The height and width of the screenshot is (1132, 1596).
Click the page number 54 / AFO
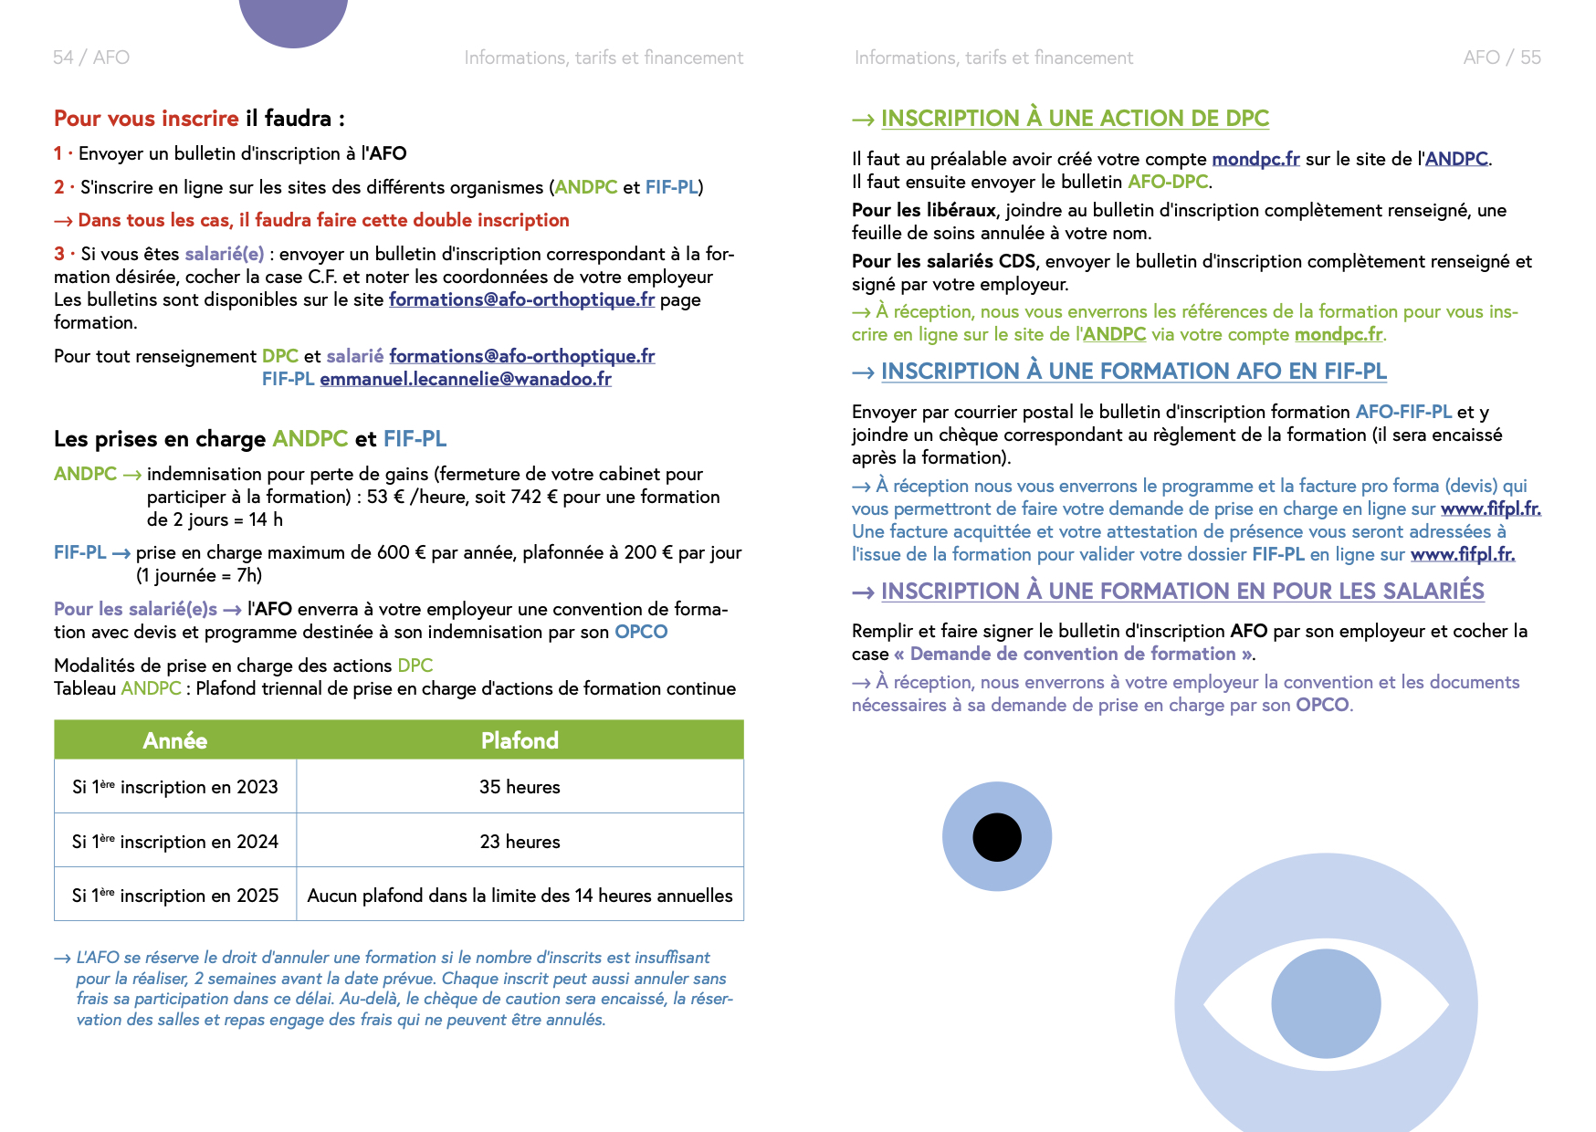pyautogui.click(x=91, y=58)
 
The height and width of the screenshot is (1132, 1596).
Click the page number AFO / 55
pyautogui.click(x=1501, y=58)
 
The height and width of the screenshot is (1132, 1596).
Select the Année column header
pyautogui.click(x=174, y=740)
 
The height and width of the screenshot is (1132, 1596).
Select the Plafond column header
pyautogui.click(x=520, y=740)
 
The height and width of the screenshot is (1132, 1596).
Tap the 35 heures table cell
pyautogui.click(x=520, y=787)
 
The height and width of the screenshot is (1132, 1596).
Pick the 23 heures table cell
pyautogui.click(x=520, y=842)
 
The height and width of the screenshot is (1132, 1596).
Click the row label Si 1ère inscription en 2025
pyautogui.click(x=175, y=896)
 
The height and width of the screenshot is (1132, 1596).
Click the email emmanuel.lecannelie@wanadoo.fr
pyautogui.click(x=466, y=379)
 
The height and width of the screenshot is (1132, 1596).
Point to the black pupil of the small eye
pyautogui.click(x=997, y=837)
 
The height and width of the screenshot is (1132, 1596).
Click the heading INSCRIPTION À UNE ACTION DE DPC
pyautogui.click(x=1075, y=119)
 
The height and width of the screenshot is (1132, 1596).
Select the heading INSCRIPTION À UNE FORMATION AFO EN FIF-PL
pyautogui.click(x=1133, y=372)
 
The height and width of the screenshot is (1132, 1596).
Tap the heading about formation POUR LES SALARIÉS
pyautogui.click(x=1182, y=592)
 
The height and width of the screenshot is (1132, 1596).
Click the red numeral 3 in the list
pyautogui.click(x=59, y=254)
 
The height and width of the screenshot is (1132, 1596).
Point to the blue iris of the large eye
pyautogui.click(x=1326, y=1003)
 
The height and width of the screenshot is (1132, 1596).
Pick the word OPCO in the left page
pyautogui.click(x=641, y=632)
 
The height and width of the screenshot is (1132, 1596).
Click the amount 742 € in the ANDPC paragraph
pyautogui.click(x=526, y=497)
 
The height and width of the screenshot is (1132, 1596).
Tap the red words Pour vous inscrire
pyautogui.click(x=146, y=119)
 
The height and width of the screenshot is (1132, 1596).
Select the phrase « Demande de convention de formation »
pyautogui.click(x=1073, y=654)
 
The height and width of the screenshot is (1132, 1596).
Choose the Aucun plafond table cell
pyautogui.click(x=520, y=896)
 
